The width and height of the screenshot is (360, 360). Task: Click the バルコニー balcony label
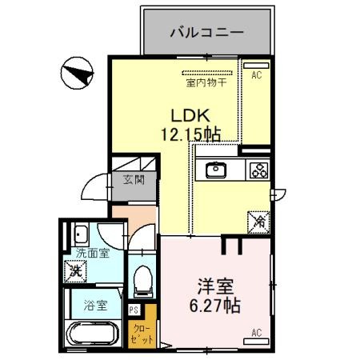point(207,33)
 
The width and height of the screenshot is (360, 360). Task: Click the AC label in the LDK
point(257,76)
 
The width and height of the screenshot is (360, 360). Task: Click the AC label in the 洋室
point(257,333)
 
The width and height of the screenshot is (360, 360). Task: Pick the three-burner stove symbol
point(258,170)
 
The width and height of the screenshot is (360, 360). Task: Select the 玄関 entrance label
point(133,180)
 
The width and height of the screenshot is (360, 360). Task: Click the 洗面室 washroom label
point(90,254)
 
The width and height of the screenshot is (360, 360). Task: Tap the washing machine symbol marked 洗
point(74,270)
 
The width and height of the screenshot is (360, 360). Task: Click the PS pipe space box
point(134,310)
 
